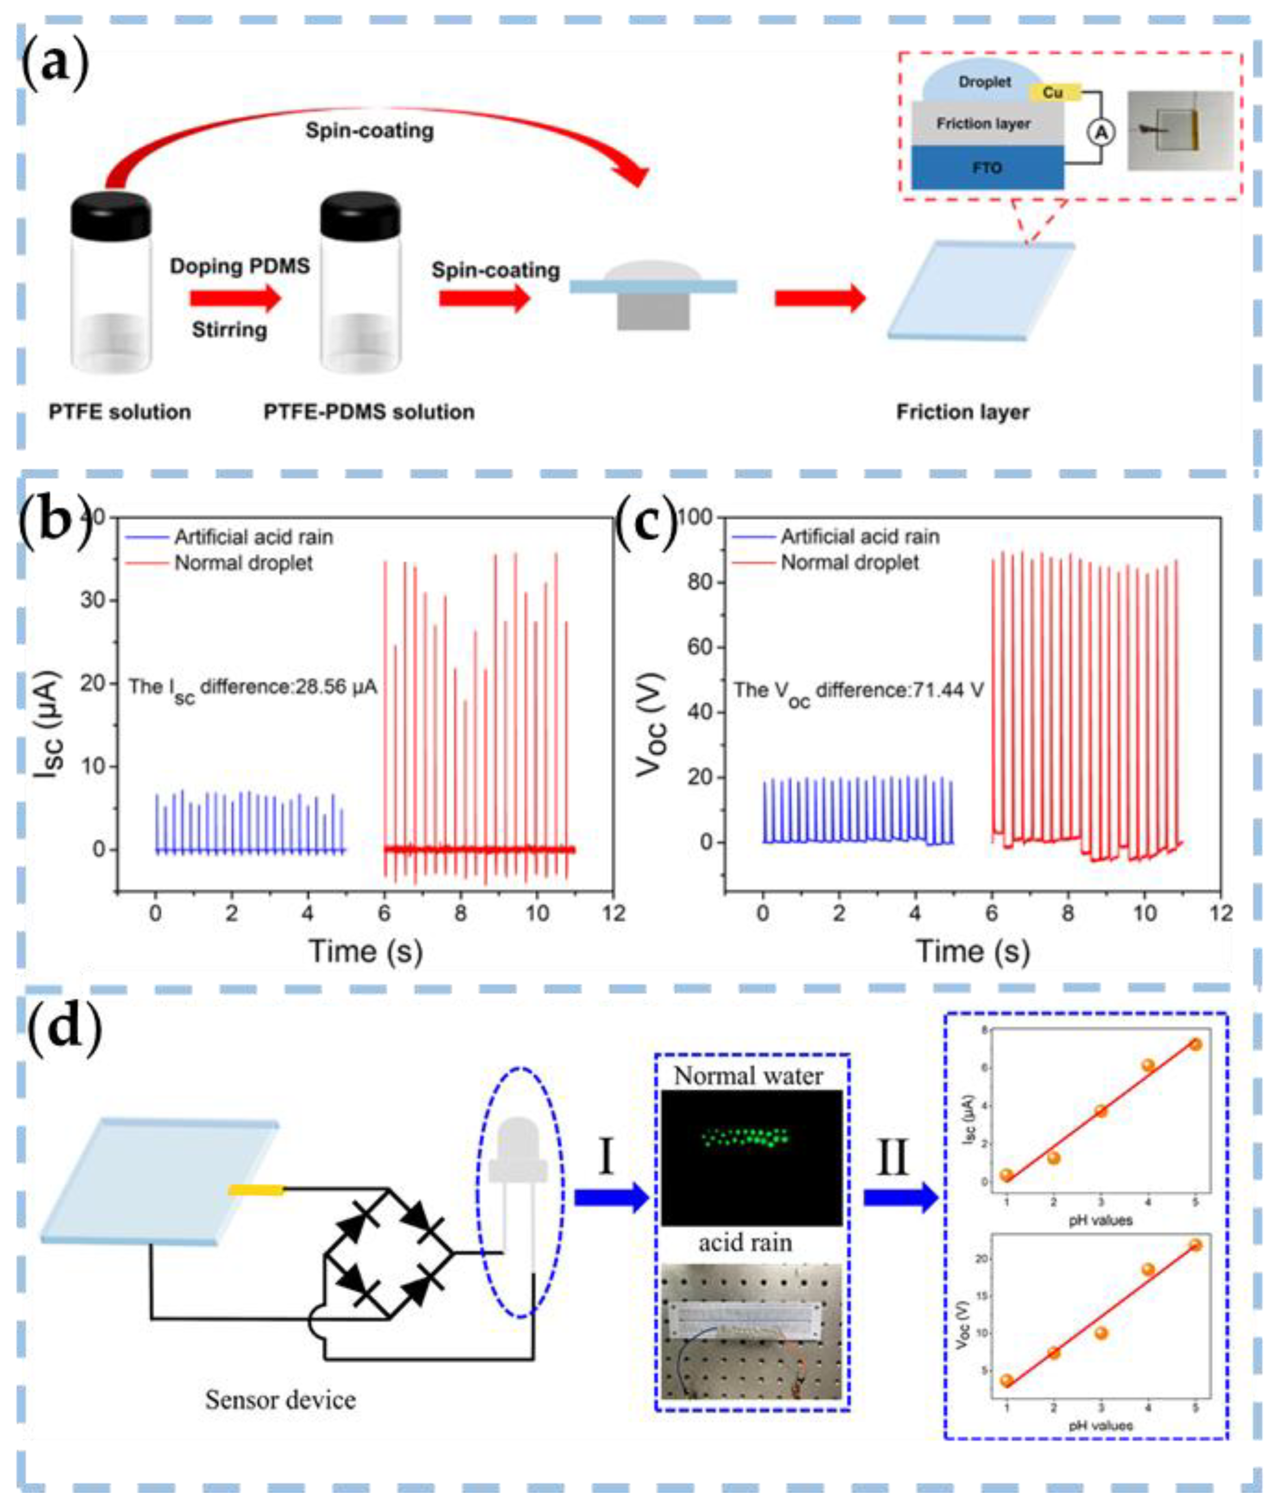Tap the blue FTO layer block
tap(987, 167)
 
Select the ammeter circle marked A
tap(1101, 132)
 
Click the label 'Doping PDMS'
tap(240, 266)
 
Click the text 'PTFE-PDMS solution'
tap(369, 412)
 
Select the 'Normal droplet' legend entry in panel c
tap(849, 563)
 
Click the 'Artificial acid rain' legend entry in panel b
tap(253, 537)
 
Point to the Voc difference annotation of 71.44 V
tap(859, 690)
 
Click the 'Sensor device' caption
tap(280, 1399)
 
